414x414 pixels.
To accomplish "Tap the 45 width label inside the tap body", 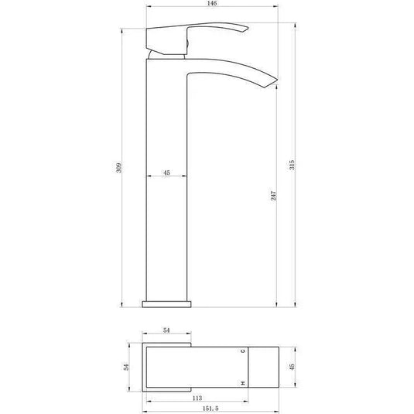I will pyautogui.click(x=166, y=173).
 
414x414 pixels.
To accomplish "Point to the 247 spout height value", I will pyautogui.click(x=273, y=197).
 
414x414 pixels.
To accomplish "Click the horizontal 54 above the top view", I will pyautogui.click(x=166, y=331).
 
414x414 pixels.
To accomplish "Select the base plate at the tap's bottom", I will pyautogui.click(x=166, y=299).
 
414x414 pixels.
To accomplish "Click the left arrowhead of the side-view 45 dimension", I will pyautogui.click(x=149, y=179).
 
